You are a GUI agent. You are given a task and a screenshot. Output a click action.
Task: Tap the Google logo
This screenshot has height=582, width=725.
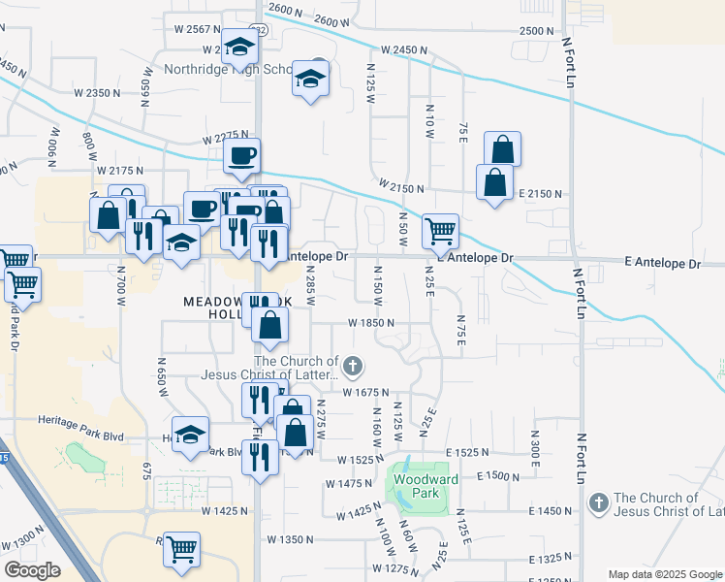[x=32, y=570]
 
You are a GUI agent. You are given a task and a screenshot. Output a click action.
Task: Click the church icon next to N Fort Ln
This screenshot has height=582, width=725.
[x=598, y=503]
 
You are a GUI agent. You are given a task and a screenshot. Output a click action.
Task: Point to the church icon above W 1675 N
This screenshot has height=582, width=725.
[x=353, y=368]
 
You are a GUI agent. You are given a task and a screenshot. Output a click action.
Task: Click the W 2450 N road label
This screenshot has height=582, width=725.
[x=405, y=49]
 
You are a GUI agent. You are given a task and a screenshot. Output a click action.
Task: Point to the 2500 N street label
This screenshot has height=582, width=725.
[x=536, y=31]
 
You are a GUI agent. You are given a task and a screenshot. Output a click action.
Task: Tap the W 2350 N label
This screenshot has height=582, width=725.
[x=97, y=93]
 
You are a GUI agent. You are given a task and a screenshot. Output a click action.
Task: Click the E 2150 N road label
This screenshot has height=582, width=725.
[x=541, y=194]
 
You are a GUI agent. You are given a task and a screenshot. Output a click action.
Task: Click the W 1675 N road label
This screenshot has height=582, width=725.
[x=367, y=392]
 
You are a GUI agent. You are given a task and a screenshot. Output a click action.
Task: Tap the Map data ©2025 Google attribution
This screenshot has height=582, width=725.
[x=664, y=573]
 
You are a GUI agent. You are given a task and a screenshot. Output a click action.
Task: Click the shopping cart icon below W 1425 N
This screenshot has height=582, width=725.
[x=181, y=548]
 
